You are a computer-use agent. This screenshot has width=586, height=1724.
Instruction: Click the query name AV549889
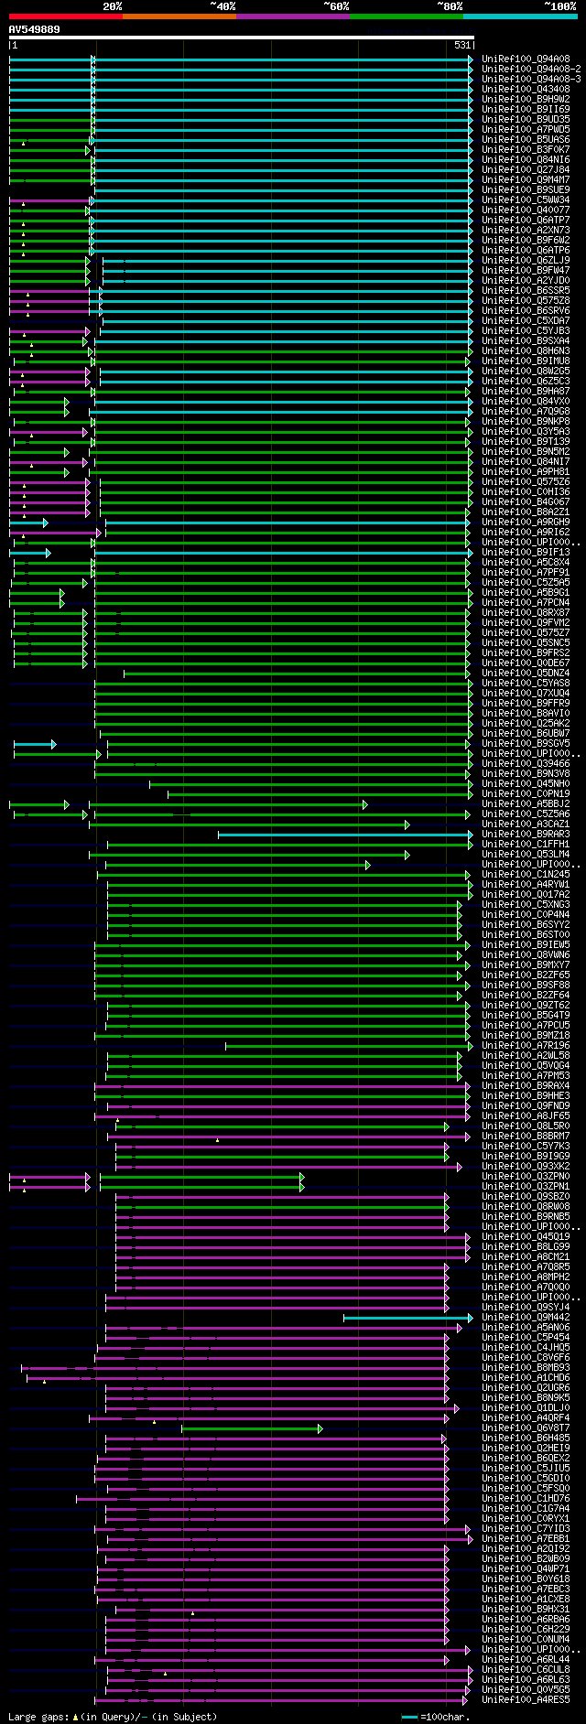(35, 29)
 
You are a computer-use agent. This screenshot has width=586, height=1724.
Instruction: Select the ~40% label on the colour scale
(222, 5)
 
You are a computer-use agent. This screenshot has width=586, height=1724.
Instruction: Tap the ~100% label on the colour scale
(560, 5)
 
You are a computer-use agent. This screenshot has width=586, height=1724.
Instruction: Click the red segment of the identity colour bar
(65, 16)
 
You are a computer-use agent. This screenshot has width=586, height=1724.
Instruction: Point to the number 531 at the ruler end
(462, 45)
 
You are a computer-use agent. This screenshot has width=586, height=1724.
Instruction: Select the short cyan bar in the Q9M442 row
(407, 1318)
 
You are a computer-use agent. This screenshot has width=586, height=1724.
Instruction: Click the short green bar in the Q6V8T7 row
(251, 1428)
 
